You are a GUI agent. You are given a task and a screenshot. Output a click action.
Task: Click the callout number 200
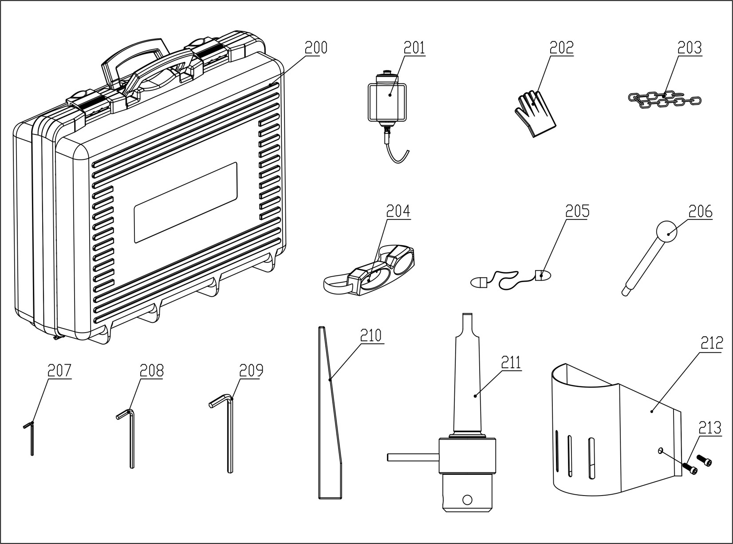tap(315, 48)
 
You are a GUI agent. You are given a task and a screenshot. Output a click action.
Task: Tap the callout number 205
tap(577, 211)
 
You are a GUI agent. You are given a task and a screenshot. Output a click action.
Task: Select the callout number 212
tap(712, 342)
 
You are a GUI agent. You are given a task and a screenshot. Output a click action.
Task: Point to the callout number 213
tap(709, 428)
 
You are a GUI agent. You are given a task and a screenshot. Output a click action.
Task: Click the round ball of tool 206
tap(667, 232)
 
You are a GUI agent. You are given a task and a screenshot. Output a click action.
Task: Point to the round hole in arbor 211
tap(466, 500)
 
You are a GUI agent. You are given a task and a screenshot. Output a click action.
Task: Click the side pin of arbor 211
tap(413, 457)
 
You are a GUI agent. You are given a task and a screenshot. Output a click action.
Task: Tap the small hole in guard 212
tap(660, 451)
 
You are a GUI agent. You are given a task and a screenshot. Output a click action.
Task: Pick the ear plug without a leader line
tap(478, 282)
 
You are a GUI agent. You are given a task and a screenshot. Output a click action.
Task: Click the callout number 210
tap(370, 335)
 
